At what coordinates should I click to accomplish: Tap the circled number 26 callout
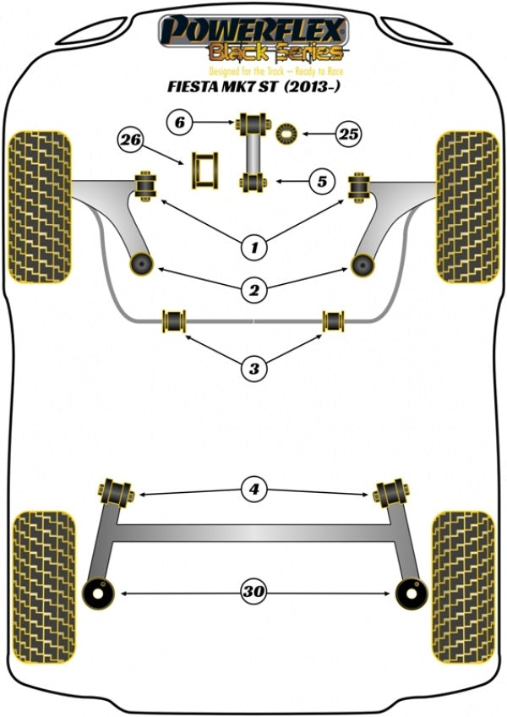coord(131,140)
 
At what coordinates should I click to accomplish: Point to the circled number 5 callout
coord(321,179)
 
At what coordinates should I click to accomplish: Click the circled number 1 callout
coord(253,248)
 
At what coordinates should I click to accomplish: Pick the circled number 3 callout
coord(253,368)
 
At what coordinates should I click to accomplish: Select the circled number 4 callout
coord(253,489)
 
